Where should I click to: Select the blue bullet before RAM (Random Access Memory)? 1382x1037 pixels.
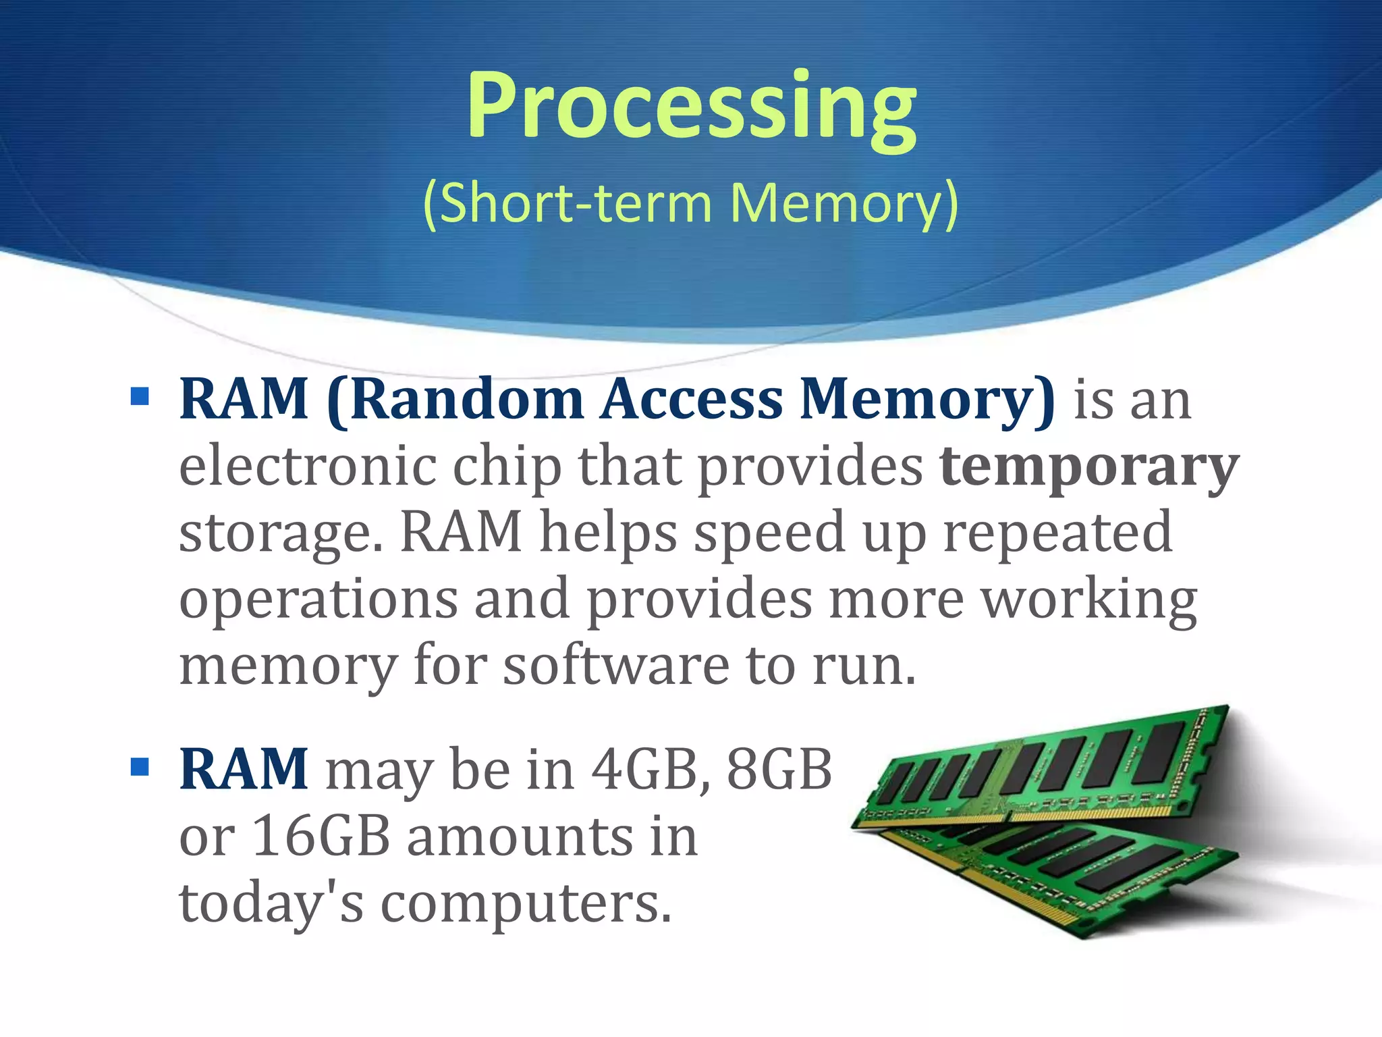[x=140, y=396]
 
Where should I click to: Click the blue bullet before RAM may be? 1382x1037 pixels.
[x=140, y=767]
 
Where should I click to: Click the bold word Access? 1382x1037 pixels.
[x=692, y=400]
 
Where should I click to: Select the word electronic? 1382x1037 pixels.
[x=308, y=466]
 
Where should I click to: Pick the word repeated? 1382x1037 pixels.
[x=1057, y=532]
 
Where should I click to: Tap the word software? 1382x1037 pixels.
[x=616, y=666]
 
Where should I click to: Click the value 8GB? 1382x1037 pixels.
[x=779, y=770]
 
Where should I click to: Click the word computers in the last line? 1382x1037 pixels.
[x=526, y=903]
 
